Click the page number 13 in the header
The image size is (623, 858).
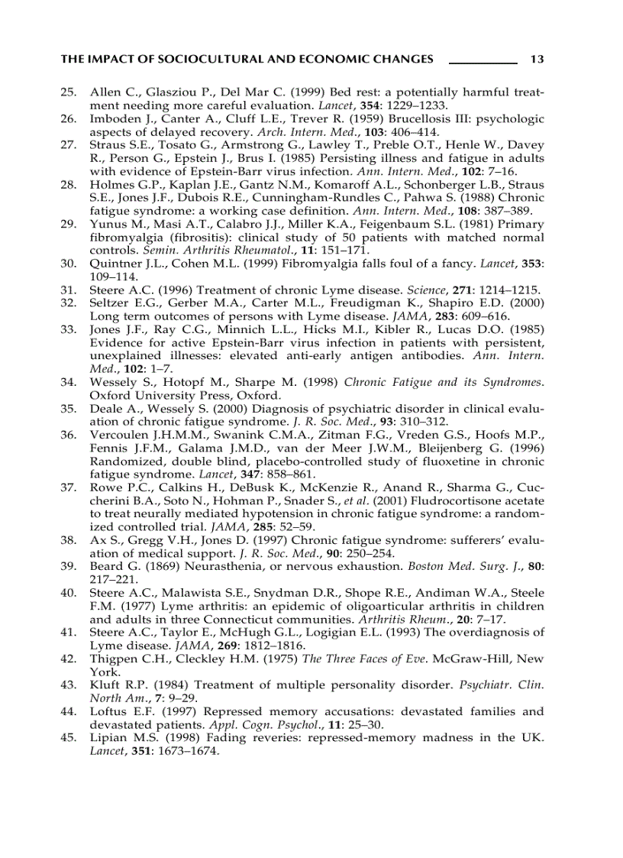pyautogui.click(x=536, y=59)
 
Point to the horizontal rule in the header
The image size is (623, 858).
pyautogui.click(x=483, y=63)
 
